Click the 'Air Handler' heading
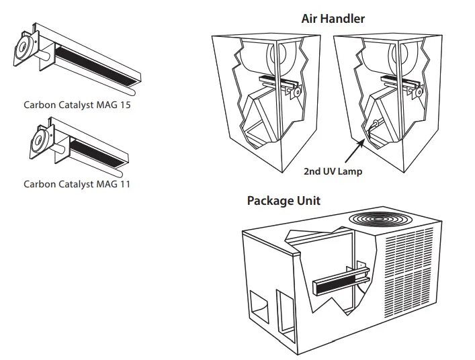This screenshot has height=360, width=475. (x=333, y=19)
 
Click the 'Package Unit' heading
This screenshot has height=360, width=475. (x=284, y=200)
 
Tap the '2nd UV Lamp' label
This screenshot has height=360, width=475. (x=332, y=171)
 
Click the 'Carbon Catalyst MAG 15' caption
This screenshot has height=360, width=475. (x=77, y=105)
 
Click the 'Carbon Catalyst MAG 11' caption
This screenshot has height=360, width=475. (x=77, y=184)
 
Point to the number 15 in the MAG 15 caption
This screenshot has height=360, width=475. (x=125, y=105)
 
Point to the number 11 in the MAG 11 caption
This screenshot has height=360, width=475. (x=124, y=184)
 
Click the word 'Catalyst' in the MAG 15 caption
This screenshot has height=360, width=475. (x=79, y=105)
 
